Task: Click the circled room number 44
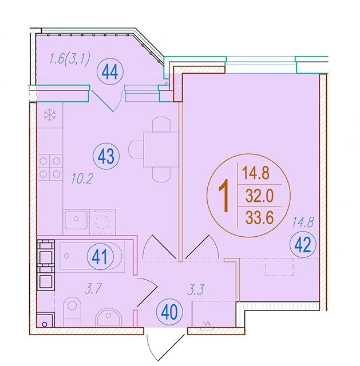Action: point(110,72)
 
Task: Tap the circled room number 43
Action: point(106,156)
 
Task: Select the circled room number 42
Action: point(303,244)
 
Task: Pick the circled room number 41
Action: point(100,257)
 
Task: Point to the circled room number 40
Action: point(169,312)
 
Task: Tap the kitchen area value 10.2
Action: point(82,179)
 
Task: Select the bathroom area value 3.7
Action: point(93,289)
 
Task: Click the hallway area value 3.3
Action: point(196,289)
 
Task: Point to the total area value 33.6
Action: point(259,218)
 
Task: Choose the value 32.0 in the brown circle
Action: point(259,196)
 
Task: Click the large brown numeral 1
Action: point(224,196)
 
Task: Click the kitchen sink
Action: point(76,220)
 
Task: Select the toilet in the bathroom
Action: point(72,311)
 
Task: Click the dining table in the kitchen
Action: point(161,149)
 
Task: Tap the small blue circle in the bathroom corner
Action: point(45,324)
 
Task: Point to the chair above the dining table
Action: point(161,125)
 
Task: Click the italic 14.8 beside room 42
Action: point(303,222)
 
